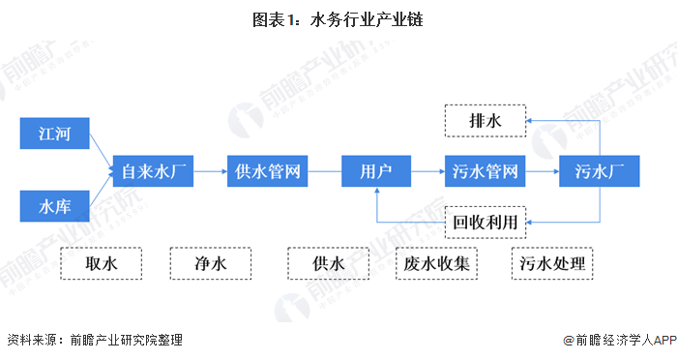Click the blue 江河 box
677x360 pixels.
click(x=55, y=134)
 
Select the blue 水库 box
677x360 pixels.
click(x=55, y=206)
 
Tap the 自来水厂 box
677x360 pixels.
click(x=153, y=171)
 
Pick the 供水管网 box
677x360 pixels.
click(x=267, y=171)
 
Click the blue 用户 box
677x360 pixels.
click(x=376, y=171)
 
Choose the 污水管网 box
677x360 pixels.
click(x=486, y=171)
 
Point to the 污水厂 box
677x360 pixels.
click(x=600, y=171)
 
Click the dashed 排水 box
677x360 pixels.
click(x=486, y=121)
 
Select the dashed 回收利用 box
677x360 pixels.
click(x=486, y=223)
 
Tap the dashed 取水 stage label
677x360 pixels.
click(x=101, y=263)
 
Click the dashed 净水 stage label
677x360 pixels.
click(x=211, y=263)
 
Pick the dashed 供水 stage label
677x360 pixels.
click(x=329, y=263)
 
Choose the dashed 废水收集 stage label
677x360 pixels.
click(x=436, y=263)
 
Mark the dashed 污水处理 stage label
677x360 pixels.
click(x=552, y=263)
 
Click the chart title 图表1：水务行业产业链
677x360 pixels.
click(x=338, y=19)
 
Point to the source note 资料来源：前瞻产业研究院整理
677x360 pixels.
click(x=95, y=340)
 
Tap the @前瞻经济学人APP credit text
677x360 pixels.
click(x=620, y=340)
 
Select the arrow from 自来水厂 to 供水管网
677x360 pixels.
click(x=210, y=171)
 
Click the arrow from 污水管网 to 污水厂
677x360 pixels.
click(x=543, y=171)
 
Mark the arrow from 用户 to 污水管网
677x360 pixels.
click(x=427, y=171)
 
